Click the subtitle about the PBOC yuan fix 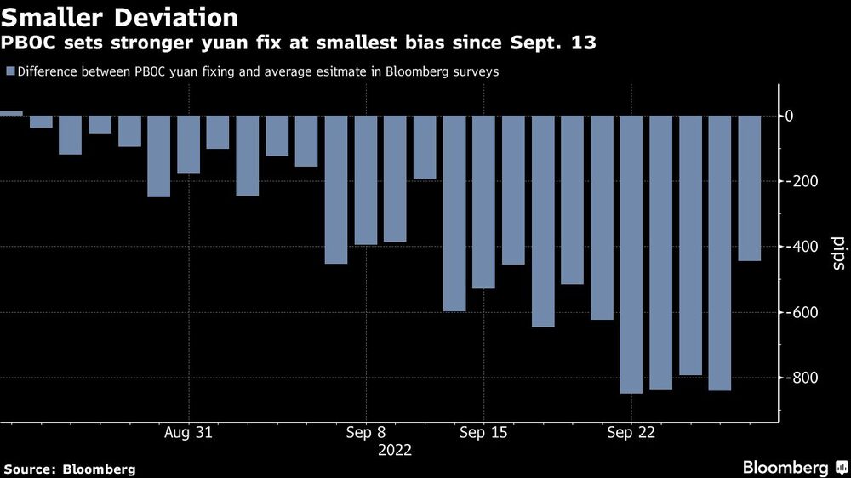pos(299,42)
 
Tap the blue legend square pos(9,71)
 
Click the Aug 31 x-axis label pos(187,432)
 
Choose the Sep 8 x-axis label pos(366,432)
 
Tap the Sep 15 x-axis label pos(483,432)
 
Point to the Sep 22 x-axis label pos(631,432)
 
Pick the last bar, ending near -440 pos(750,188)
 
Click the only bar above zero pos(11,113)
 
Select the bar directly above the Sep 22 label pos(631,254)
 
